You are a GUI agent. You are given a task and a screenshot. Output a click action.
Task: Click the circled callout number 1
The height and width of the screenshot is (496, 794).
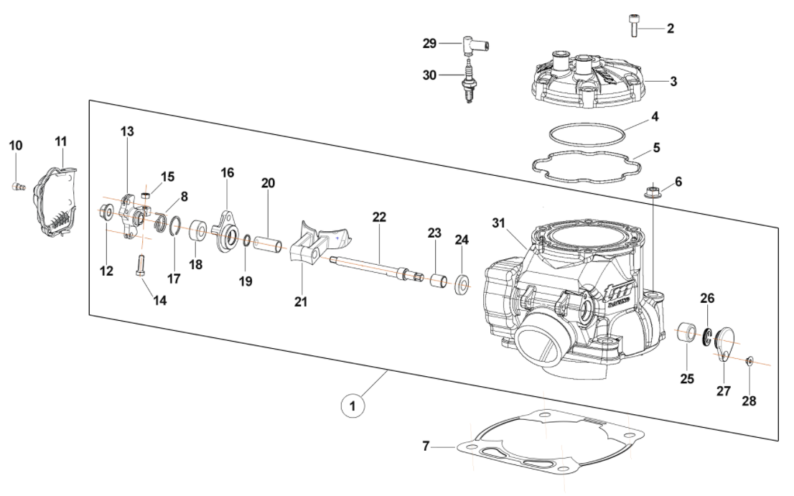tap(352, 406)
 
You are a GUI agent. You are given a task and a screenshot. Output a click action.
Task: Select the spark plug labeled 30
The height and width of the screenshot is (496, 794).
tap(470, 84)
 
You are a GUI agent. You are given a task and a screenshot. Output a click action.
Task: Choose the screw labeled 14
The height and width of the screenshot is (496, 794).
tap(141, 266)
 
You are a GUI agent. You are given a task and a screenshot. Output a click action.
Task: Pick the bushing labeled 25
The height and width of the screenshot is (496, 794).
tap(688, 334)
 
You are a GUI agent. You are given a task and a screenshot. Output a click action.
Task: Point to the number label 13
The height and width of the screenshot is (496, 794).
tap(127, 131)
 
